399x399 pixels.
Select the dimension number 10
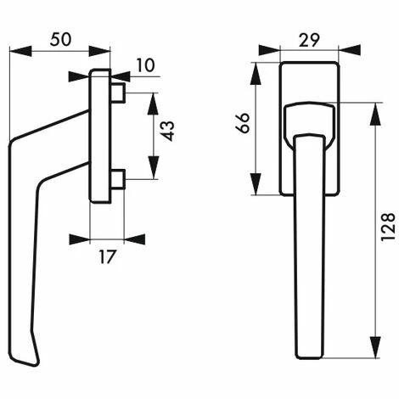pos(145,65)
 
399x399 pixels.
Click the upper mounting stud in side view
pos(117,91)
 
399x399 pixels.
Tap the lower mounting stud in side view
pos(117,179)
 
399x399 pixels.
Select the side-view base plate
pos(99,136)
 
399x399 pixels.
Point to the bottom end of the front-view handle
pos(310,354)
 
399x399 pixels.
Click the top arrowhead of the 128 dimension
pos(375,110)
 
